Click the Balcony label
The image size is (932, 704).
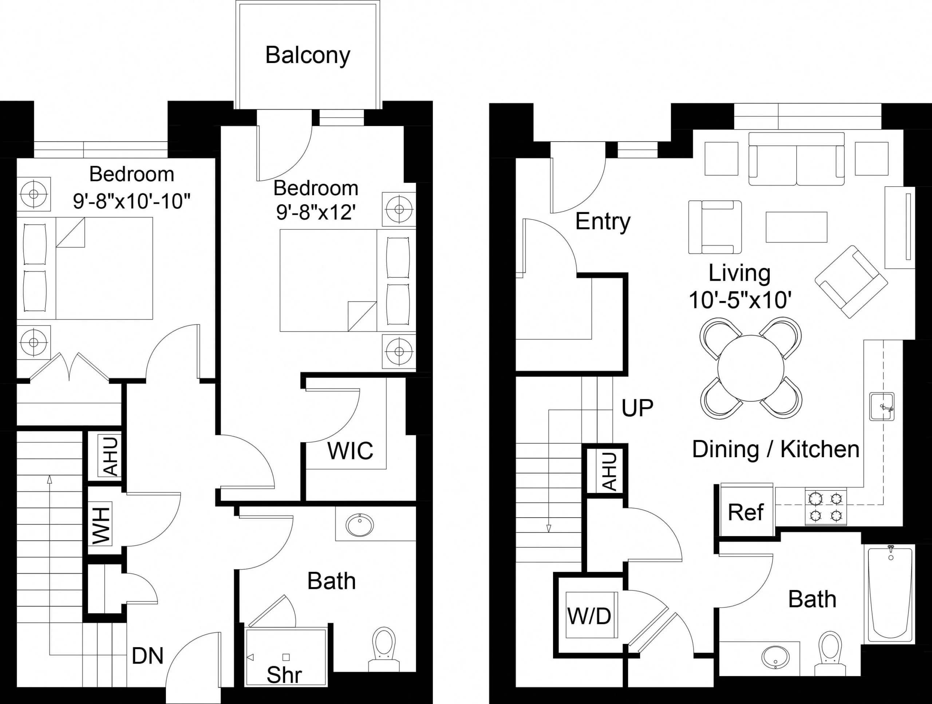tap(308, 55)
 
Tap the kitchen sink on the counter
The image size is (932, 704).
tap(882, 407)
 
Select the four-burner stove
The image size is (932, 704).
tap(826, 507)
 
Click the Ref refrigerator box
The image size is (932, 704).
tap(745, 512)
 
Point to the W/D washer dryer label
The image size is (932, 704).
tap(589, 616)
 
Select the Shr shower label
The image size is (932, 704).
tap(284, 675)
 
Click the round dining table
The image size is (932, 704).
tap(751, 368)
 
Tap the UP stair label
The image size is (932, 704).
tap(637, 407)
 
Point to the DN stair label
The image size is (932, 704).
tap(147, 656)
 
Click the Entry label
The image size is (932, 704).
tap(603, 222)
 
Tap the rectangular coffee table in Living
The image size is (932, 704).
tap(796, 227)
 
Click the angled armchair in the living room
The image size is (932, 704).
tap(851, 281)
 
